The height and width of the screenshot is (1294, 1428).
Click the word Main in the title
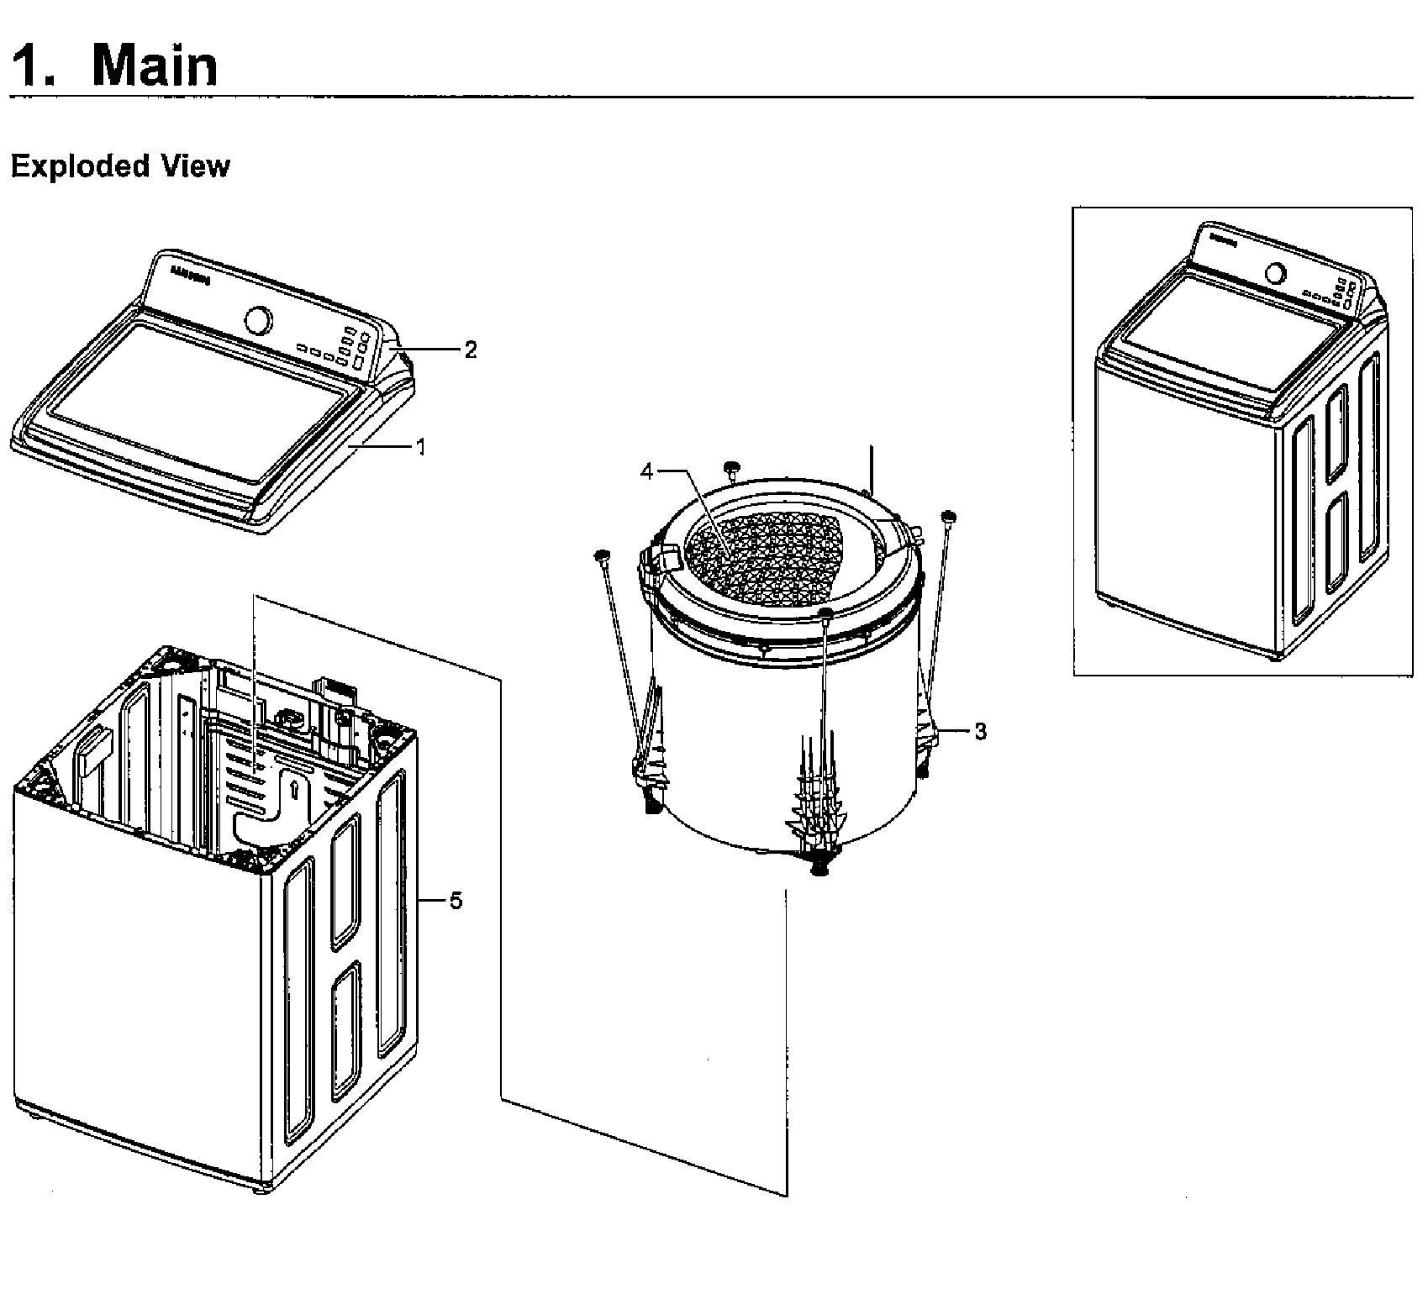(155, 65)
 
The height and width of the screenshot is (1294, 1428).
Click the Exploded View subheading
(119, 166)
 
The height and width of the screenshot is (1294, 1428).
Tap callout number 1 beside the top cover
(421, 447)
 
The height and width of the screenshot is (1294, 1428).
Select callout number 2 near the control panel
(470, 350)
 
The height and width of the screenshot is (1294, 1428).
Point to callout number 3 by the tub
(980, 731)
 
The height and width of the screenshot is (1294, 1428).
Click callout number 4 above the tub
(645, 471)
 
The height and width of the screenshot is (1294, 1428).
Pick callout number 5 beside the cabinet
(455, 901)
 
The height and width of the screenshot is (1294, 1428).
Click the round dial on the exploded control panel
(259, 321)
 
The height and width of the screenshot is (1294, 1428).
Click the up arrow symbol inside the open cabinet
(293, 788)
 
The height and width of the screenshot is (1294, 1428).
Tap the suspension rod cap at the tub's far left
(602, 555)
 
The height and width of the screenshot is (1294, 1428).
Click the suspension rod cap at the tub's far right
(950, 516)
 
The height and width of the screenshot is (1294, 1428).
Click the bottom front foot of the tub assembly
(814, 867)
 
